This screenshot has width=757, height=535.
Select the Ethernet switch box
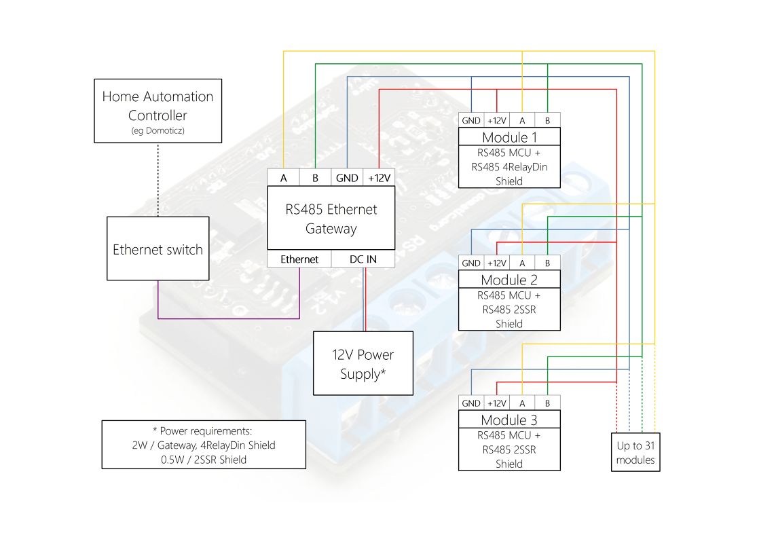[158, 248]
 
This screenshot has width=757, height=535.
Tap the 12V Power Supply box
[363, 363]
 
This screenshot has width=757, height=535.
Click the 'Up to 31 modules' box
[635, 453]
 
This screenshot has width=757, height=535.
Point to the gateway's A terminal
[283, 178]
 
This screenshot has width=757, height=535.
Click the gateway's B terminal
[315, 178]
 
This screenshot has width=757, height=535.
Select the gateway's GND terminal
[347, 178]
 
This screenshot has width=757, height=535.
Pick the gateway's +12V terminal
[379, 178]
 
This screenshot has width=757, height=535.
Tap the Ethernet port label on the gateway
[299, 259]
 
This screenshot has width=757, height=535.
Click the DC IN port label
[363, 259]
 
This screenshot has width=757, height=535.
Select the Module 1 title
[509, 137]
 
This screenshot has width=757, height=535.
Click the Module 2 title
[509, 280]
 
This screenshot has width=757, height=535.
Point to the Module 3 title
[509, 420]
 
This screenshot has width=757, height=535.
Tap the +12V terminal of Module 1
[496, 120]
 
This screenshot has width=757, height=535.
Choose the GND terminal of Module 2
[471, 263]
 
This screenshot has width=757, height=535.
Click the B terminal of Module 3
[547, 403]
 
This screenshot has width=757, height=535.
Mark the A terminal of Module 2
[521, 263]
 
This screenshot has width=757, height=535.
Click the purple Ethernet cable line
[228, 318]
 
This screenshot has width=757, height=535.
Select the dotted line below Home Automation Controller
[158, 179]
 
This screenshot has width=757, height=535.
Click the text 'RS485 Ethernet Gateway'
[331, 219]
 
